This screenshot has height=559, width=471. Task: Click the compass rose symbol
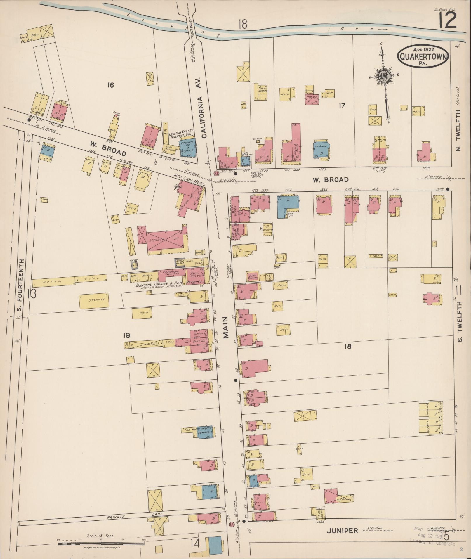coord(383,76)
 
